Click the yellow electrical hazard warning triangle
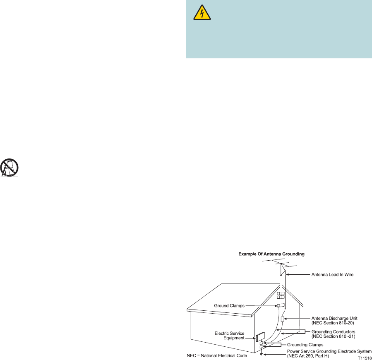click(202, 12)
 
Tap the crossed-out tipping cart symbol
click(9, 168)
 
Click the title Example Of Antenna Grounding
click(271, 254)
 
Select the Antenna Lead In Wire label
click(332, 275)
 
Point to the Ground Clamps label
click(229, 306)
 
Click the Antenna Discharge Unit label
click(334, 319)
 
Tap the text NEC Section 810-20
click(333, 323)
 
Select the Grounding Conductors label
click(334, 332)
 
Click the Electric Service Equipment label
click(229, 336)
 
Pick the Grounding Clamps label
click(305, 345)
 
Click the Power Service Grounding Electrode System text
click(329, 351)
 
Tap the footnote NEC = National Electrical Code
click(217, 355)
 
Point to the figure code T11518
click(365, 358)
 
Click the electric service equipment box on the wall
click(260, 337)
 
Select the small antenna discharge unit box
click(282, 319)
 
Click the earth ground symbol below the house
click(261, 354)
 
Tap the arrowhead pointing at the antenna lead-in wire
click(288, 275)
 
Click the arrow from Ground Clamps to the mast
click(261, 306)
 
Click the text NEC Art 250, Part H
click(308, 356)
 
